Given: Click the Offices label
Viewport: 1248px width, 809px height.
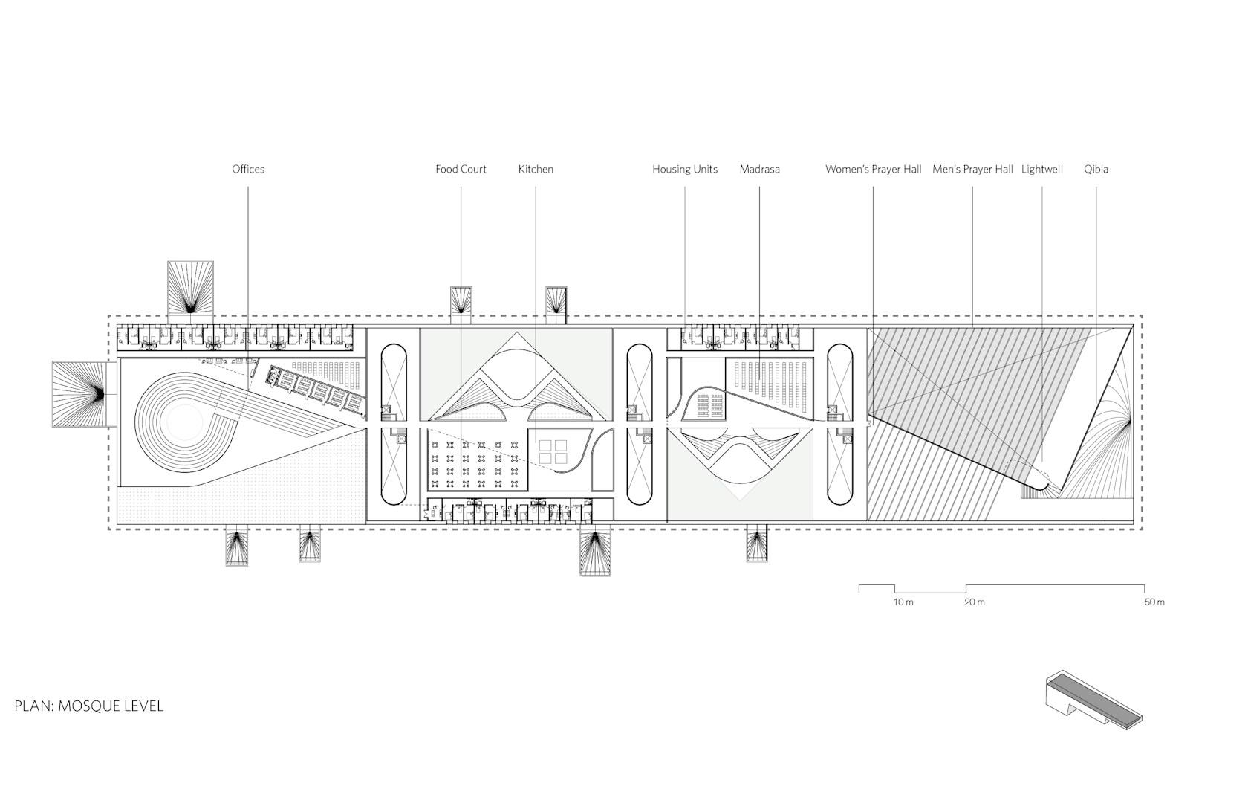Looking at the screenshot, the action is coord(248,169).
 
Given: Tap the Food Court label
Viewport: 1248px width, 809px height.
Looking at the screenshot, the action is coord(461,169).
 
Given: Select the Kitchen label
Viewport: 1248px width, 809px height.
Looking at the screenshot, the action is coord(536,169).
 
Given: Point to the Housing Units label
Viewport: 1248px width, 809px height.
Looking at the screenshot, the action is coord(685,169).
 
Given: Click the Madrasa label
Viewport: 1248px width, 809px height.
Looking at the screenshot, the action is coord(759,169).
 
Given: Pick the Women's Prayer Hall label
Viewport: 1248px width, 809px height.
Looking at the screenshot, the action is coord(873,169).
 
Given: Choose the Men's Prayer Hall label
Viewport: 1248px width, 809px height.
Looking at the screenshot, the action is coord(973,169).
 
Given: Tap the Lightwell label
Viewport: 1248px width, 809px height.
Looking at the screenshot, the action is coord(1041,169).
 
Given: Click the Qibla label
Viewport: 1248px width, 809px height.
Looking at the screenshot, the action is coord(1096,169).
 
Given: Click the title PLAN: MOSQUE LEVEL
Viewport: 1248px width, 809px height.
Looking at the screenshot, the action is coord(89,706).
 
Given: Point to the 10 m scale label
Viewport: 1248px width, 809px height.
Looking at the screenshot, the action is coord(903,602).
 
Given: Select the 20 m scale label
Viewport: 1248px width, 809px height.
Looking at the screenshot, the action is coord(975,602).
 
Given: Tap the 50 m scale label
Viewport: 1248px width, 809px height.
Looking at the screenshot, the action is coord(1154,602).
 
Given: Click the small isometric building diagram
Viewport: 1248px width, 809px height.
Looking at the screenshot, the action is coord(1093,700).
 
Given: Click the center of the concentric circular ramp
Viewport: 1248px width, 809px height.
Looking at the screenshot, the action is coord(185,425).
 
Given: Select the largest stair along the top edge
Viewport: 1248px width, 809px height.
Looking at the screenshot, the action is coord(190,291).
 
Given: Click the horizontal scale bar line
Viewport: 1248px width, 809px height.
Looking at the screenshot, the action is coord(1001,589).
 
